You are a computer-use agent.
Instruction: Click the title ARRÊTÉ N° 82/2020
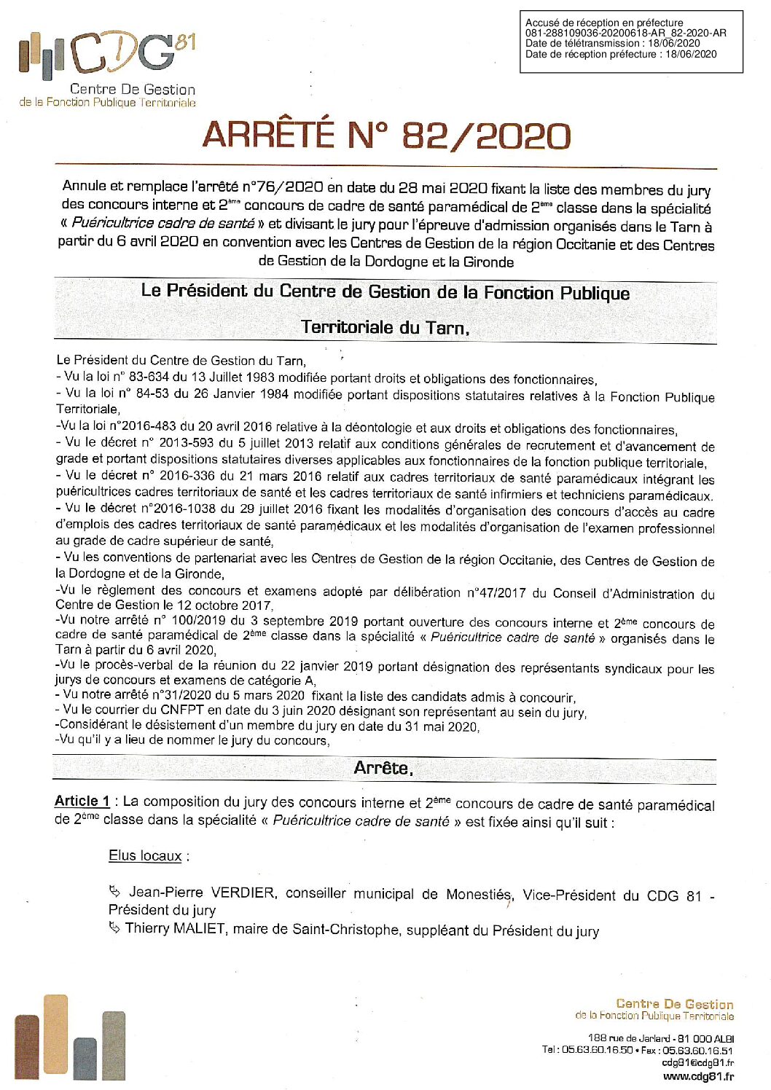tap(386, 136)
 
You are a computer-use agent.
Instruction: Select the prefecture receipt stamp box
tap(631, 42)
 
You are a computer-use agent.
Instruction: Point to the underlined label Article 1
tap(82, 801)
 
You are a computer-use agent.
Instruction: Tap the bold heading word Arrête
tap(383, 768)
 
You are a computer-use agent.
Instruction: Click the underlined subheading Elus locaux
tap(145, 855)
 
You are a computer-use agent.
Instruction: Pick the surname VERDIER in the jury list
tap(243, 893)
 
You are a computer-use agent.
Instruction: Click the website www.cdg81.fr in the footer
tap(697, 1076)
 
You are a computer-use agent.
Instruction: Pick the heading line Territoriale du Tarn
tap(385, 327)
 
